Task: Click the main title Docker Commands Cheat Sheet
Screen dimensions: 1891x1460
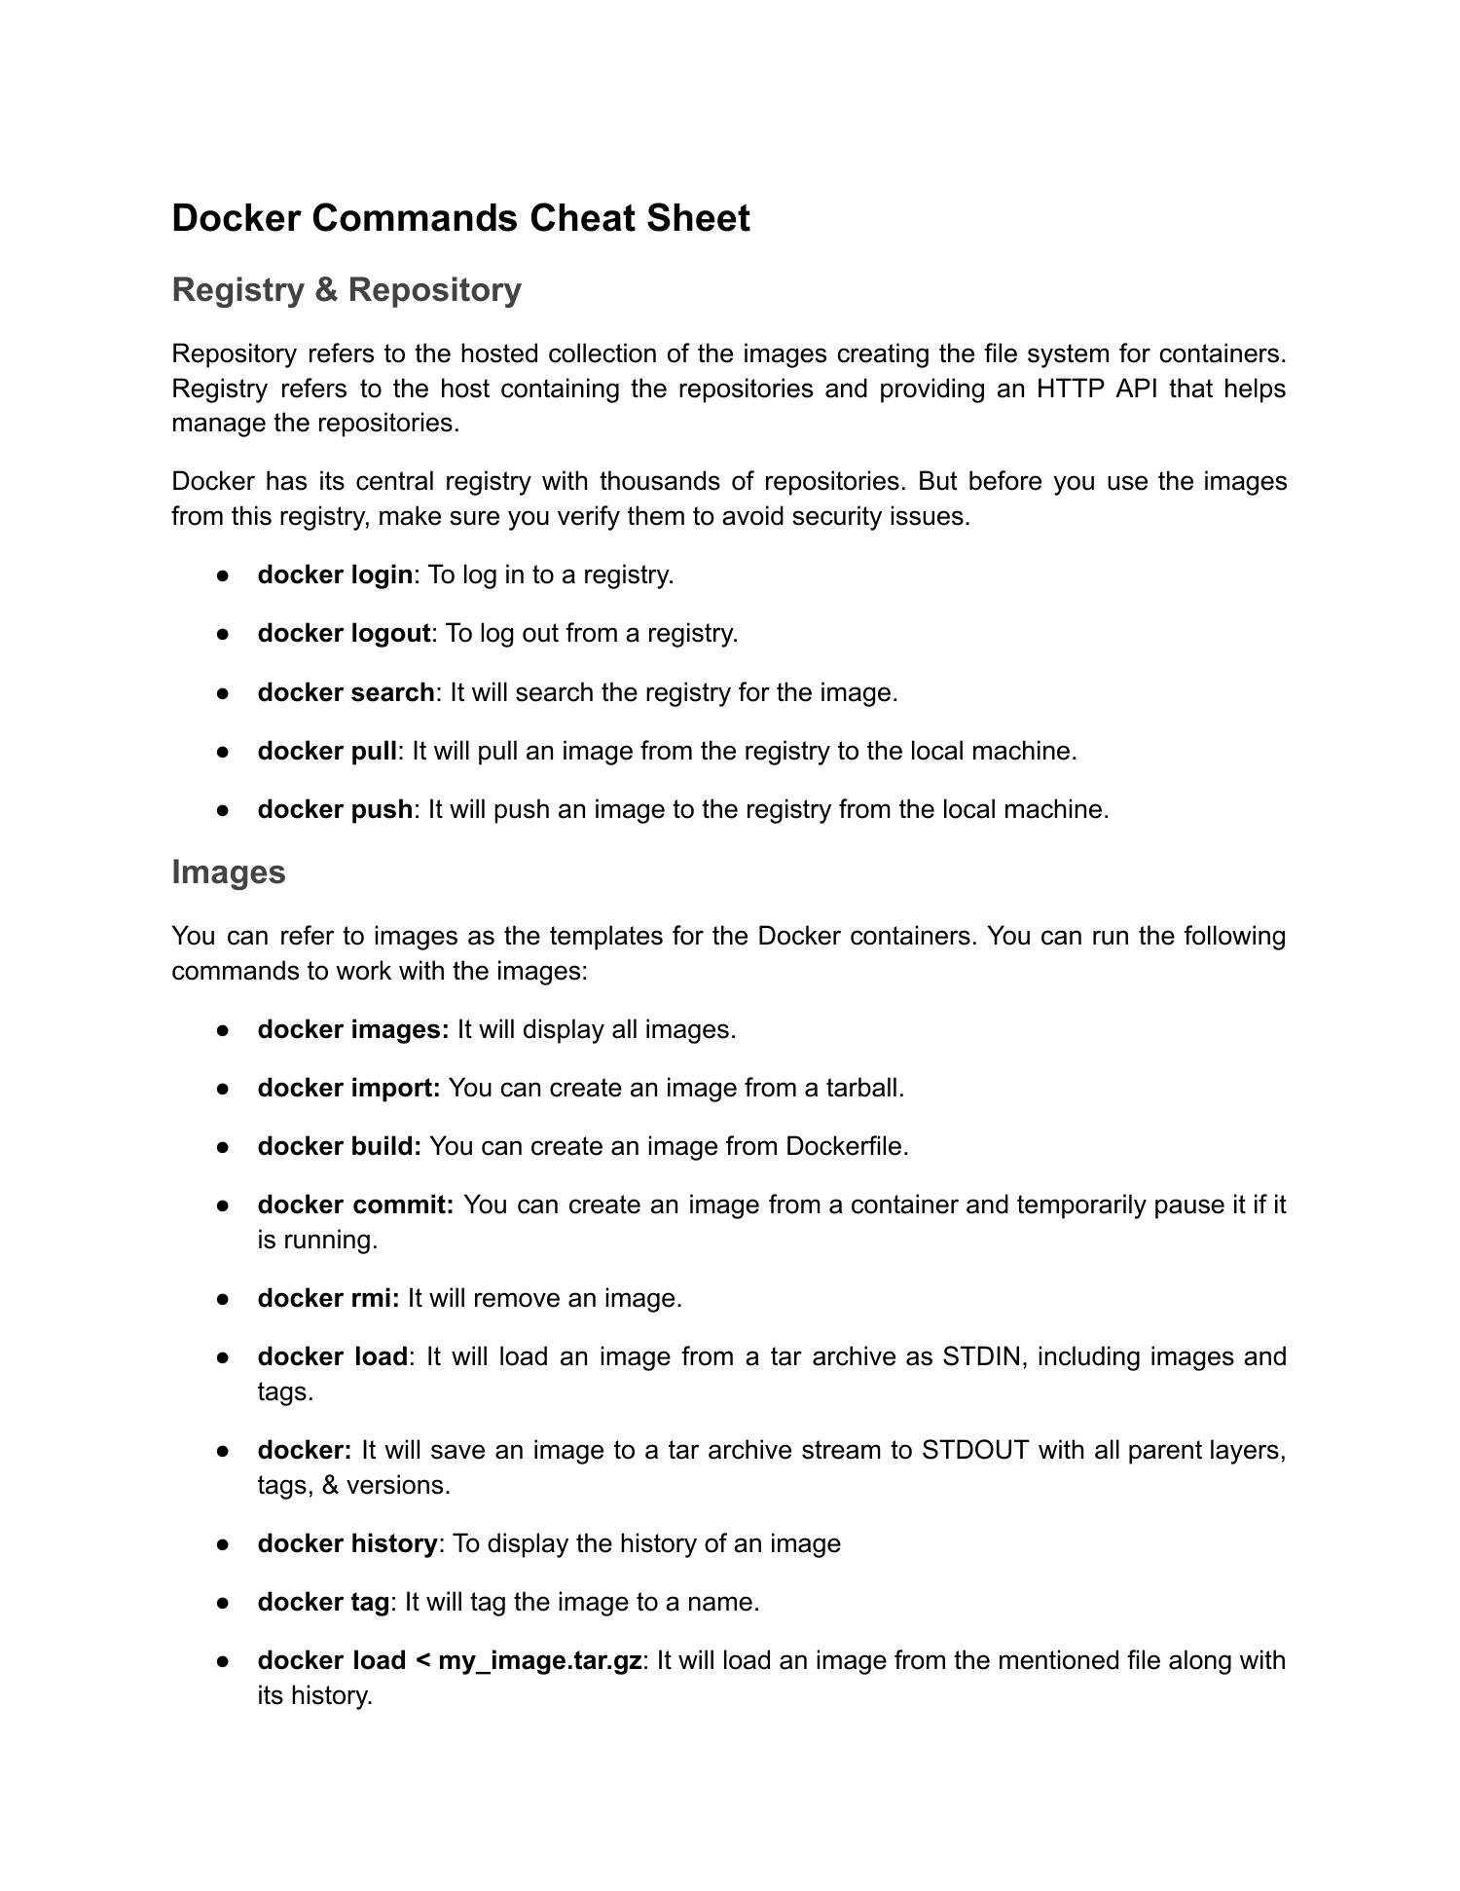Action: pyautogui.click(x=460, y=218)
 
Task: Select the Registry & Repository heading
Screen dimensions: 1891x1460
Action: pyautogui.click(x=347, y=290)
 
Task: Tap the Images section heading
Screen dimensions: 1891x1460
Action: pyautogui.click(x=229, y=872)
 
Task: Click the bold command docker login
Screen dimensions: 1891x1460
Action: pyautogui.click(x=335, y=575)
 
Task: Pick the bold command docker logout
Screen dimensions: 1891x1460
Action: pyautogui.click(x=344, y=634)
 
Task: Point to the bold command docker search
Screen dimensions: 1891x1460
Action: pyautogui.click(x=346, y=693)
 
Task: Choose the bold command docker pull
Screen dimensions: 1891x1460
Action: pyautogui.click(x=327, y=752)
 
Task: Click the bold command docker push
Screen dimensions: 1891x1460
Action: pyautogui.click(x=335, y=810)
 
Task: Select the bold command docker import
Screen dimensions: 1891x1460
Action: pyautogui.click(x=348, y=1089)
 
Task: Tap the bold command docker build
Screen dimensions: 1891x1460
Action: pyautogui.click(x=339, y=1147)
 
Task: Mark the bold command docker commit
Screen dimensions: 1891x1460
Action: pyautogui.click(x=355, y=1205)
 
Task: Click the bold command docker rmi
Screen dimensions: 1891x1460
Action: pyautogui.click(x=328, y=1299)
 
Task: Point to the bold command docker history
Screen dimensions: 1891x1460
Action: pyautogui.click(x=347, y=1544)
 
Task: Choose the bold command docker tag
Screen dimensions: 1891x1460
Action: pyautogui.click(x=323, y=1603)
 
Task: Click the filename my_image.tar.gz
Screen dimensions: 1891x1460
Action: pyautogui.click(x=539, y=1661)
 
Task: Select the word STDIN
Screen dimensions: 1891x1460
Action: pyautogui.click(x=982, y=1357)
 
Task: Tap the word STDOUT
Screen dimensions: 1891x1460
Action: pyautogui.click(x=975, y=1451)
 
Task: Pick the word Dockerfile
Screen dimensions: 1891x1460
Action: pyautogui.click(x=845, y=1147)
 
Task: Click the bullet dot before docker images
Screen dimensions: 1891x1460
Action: pyautogui.click(x=223, y=1030)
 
